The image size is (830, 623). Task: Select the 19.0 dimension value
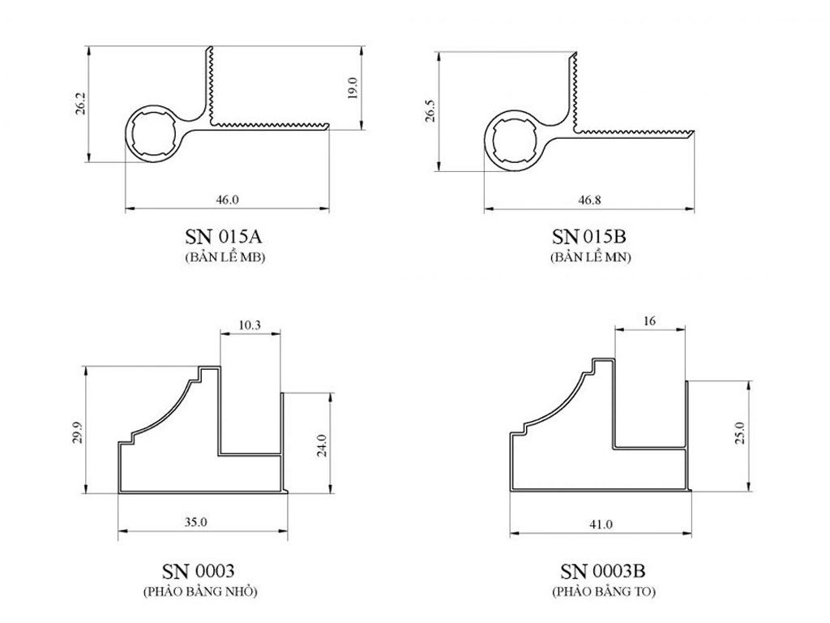[353, 88]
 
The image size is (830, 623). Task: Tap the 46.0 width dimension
[227, 200]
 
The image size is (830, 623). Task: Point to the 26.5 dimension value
[431, 110]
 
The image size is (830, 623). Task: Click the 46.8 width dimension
[589, 200]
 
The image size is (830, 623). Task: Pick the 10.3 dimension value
[250, 324]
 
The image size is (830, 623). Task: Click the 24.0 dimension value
[322, 445]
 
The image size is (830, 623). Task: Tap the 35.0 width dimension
[195, 522]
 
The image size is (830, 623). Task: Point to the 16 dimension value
[649, 320]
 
